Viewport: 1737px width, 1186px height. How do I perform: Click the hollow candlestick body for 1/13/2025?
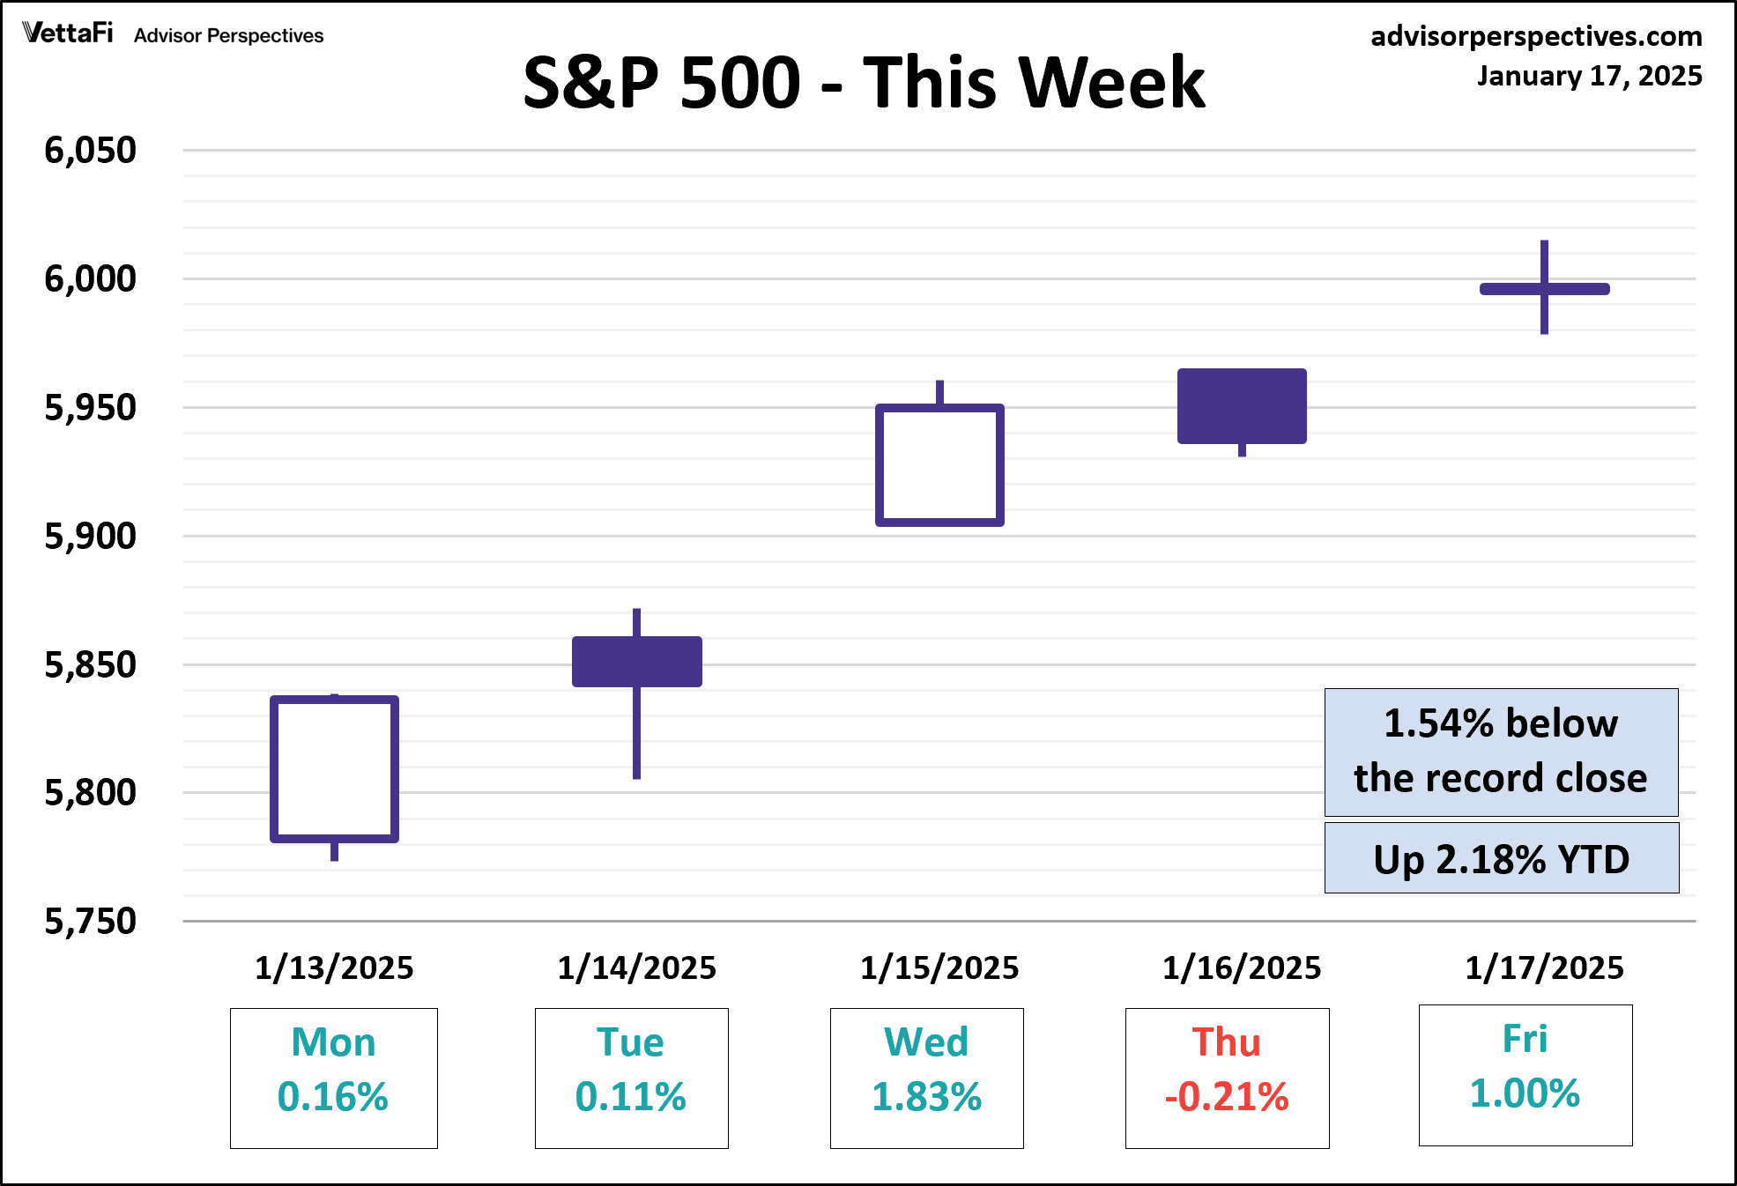(334, 768)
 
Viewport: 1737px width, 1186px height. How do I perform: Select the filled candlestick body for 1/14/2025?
(636, 661)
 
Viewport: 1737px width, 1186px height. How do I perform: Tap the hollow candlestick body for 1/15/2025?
(939, 464)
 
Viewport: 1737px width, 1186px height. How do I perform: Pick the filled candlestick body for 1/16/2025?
(1242, 405)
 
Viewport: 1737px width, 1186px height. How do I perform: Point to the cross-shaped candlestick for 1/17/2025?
(1544, 289)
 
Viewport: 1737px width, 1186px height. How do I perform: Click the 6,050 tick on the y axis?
(91, 151)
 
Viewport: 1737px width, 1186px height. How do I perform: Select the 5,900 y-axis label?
(91, 536)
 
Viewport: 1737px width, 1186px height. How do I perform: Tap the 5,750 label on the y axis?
(91, 922)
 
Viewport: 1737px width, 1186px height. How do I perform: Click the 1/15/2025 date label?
(939, 967)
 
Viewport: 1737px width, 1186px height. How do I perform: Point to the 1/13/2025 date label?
(334, 967)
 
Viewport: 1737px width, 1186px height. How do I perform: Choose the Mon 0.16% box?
(334, 1078)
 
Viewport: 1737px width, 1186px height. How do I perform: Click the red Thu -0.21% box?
(1227, 1078)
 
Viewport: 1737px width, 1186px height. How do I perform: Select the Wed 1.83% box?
(926, 1078)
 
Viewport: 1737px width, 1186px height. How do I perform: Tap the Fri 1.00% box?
(1525, 1075)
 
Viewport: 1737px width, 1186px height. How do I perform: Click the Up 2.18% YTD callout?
(1502, 858)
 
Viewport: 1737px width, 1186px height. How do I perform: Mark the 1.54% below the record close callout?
(1501, 752)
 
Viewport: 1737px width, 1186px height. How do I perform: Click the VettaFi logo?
(69, 33)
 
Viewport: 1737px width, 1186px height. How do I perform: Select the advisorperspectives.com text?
(1536, 35)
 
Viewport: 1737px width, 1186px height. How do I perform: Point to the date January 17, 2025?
(1589, 76)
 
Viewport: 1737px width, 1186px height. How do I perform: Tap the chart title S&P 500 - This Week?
(864, 82)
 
